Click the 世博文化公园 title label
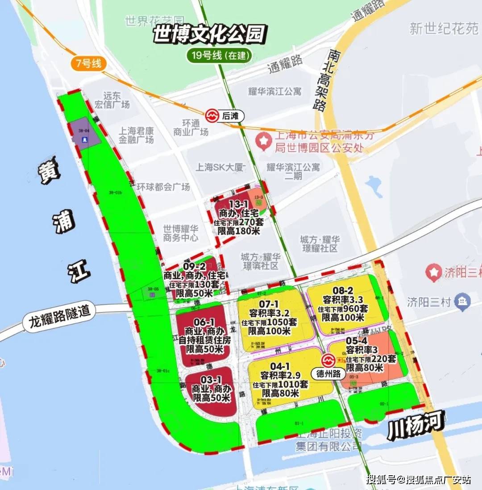210,34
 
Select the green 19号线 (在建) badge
219,56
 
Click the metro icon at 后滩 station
212,116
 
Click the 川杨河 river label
416,425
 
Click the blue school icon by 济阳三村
462,302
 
